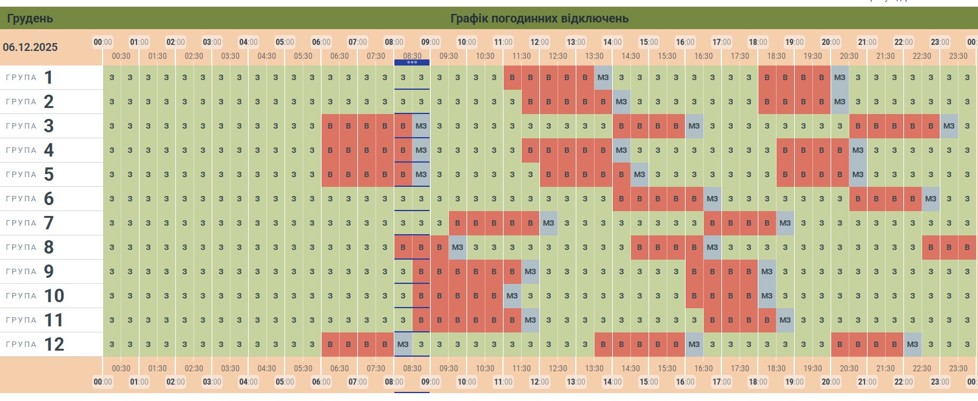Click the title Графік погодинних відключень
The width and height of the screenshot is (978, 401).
coord(539,18)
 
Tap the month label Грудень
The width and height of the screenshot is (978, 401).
coord(30,18)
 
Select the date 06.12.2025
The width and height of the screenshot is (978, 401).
coord(30,47)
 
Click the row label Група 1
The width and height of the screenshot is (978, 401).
coord(30,78)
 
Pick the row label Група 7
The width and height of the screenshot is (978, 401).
coord(30,223)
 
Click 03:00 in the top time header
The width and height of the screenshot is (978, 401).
coord(212,42)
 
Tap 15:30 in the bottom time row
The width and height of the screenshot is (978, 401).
coord(667,368)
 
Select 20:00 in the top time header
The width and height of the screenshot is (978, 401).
coord(831,42)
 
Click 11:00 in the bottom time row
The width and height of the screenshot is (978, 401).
coord(503,382)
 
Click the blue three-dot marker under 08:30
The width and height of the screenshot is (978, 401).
coord(412,62)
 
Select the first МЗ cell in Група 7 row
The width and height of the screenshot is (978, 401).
coord(548,223)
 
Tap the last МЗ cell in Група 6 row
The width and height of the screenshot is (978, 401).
coord(931,199)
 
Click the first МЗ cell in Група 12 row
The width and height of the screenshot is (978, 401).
coord(403,345)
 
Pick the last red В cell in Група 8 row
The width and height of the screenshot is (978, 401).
coord(967,248)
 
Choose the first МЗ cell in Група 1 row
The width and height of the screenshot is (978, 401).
coord(603,78)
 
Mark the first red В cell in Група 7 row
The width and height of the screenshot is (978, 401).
coord(457,223)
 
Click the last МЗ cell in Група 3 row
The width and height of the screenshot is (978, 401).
coord(949,126)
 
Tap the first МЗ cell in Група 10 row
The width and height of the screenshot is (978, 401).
coord(512,296)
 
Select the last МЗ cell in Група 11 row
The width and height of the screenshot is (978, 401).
coord(785,320)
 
